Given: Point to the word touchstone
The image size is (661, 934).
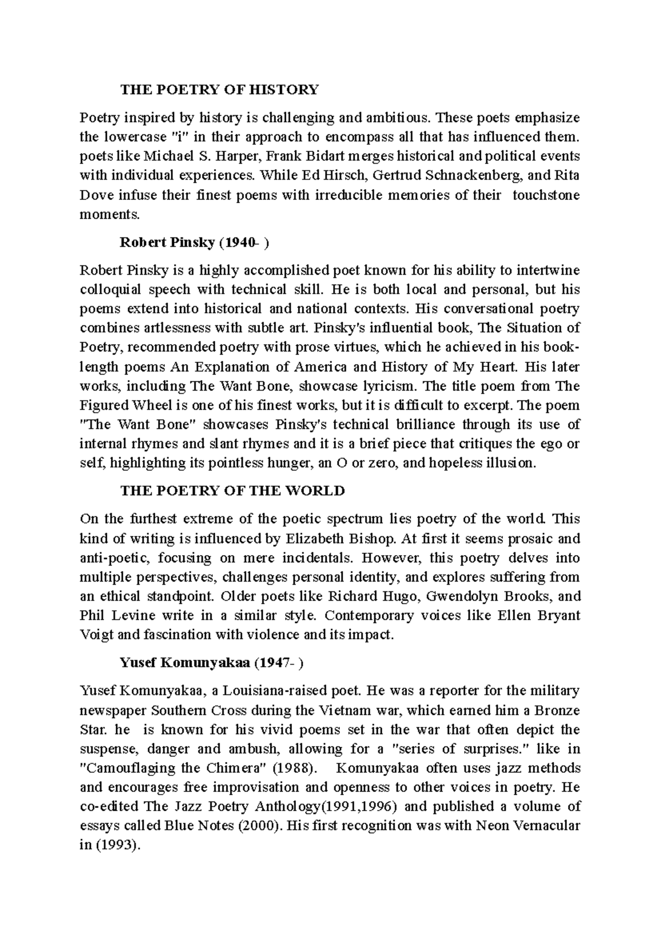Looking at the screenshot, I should [x=546, y=195].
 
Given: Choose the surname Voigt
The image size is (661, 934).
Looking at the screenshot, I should [x=97, y=635].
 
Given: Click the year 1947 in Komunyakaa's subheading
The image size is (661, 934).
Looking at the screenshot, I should [x=274, y=663].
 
